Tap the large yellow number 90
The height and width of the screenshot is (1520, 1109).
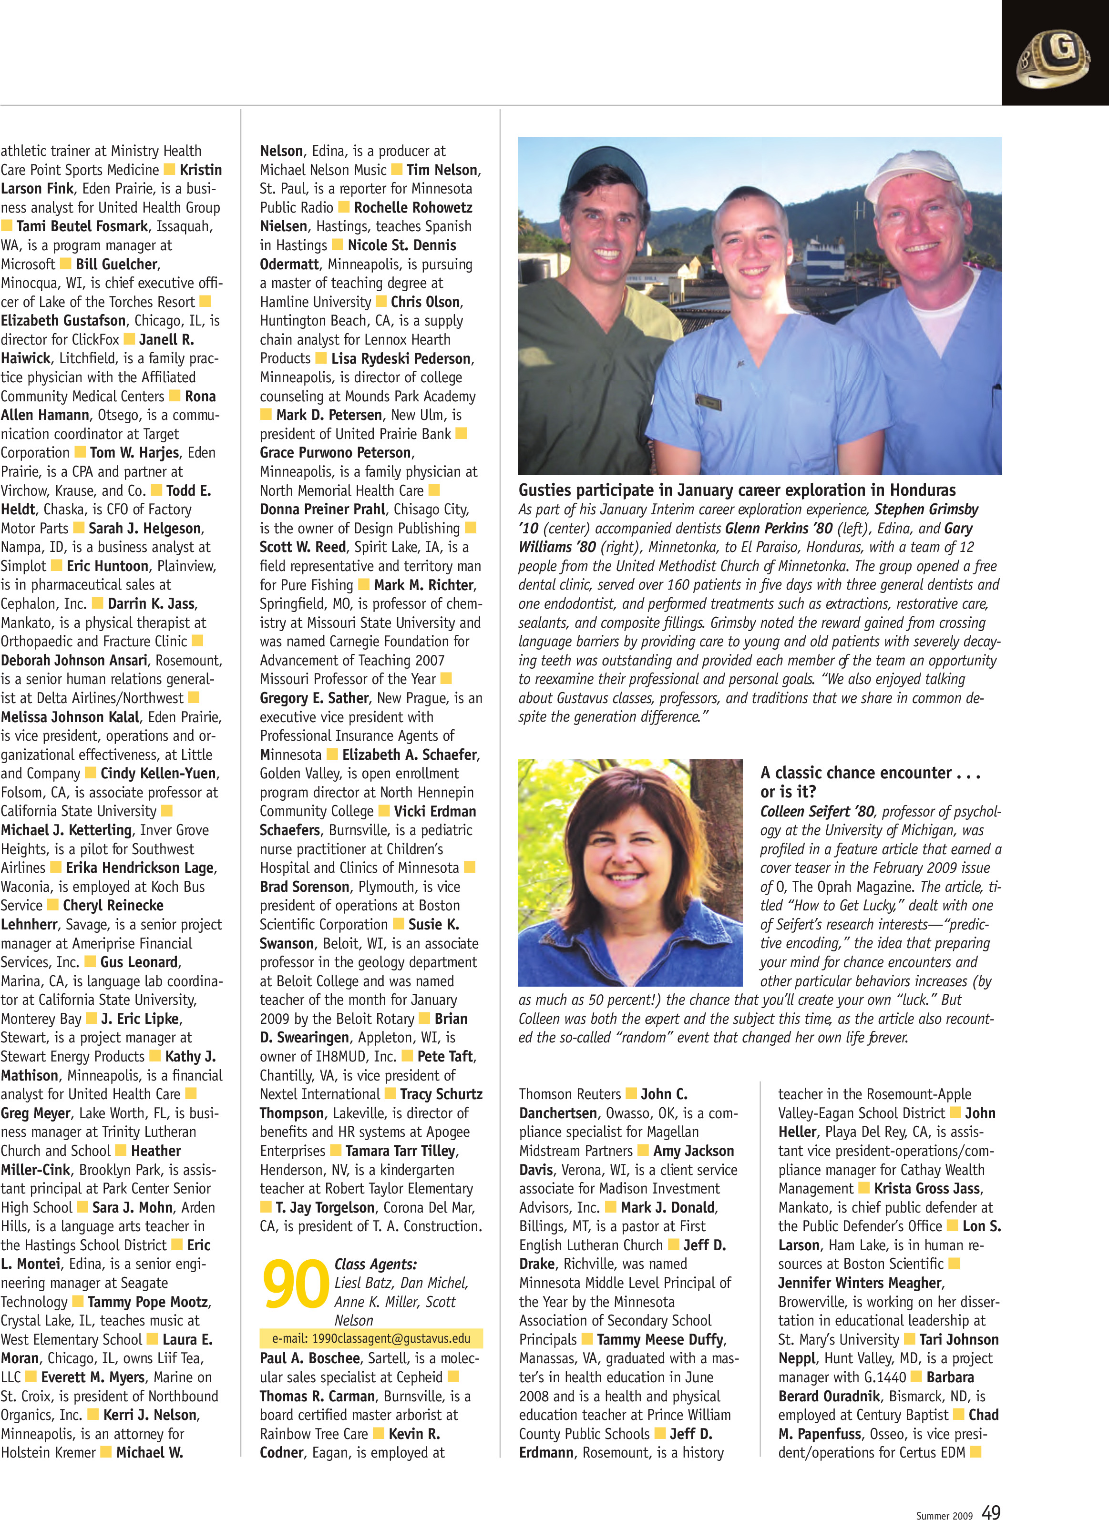(x=296, y=1284)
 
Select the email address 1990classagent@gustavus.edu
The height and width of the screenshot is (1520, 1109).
(x=371, y=1338)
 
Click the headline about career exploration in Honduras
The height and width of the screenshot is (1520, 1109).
(x=737, y=490)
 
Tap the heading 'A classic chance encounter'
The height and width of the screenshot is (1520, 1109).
(x=870, y=773)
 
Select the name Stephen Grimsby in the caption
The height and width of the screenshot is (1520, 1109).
(x=926, y=510)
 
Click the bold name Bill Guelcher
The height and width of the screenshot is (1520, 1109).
(x=116, y=265)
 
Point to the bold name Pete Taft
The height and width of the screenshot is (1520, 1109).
(x=446, y=1056)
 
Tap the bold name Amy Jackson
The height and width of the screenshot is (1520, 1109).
(x=693, y=1151)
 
